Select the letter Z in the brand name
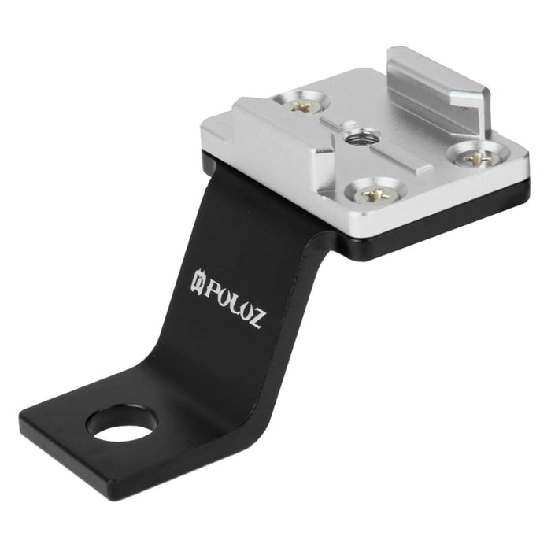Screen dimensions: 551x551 (257, 318)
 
